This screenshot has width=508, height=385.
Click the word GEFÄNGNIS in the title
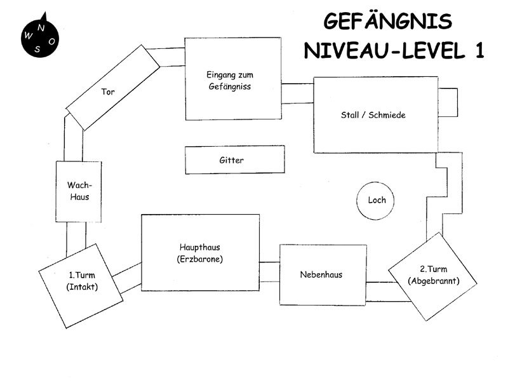click(388, 22)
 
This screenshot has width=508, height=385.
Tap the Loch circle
click(377, 200)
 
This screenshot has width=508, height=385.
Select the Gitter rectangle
click(235, 160)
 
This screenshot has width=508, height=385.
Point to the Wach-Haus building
click(79, 191)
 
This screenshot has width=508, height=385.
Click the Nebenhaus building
click(321, 274)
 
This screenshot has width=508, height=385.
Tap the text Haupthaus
click(200, 247)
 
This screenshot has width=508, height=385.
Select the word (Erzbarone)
click(200, 259)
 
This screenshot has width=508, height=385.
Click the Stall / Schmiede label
click(373, 115)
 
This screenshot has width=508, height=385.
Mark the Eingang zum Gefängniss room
click(233, 79)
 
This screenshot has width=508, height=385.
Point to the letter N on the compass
click(41, 27)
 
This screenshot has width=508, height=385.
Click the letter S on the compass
click(37, 50)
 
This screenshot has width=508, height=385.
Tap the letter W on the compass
click(28, 36)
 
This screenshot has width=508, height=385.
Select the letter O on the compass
click(51, 41)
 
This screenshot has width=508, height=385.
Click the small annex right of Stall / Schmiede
click(447, 102)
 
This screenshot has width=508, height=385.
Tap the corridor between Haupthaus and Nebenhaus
click(270, 269)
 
